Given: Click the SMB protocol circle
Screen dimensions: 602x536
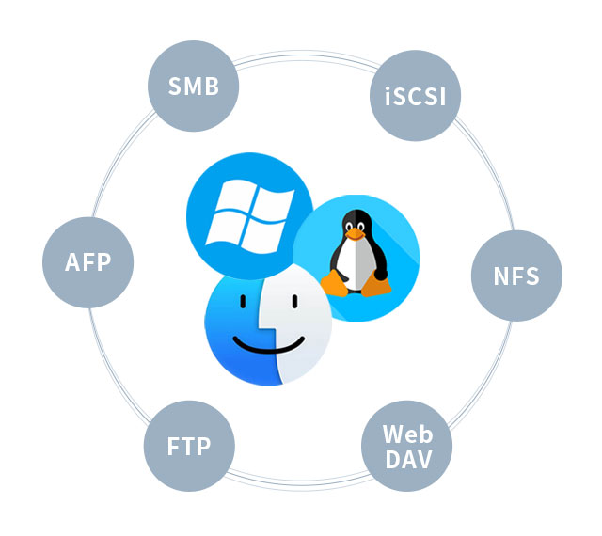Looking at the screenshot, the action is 194,86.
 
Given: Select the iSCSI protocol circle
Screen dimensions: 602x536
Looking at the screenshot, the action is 415,96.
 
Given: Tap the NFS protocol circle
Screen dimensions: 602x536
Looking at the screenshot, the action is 516,276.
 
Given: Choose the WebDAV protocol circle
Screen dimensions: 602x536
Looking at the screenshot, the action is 407,446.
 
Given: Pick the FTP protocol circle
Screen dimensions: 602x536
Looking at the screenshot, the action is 189,446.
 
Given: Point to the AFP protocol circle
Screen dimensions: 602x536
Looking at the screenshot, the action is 87,262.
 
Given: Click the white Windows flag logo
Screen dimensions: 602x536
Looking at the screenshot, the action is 250,217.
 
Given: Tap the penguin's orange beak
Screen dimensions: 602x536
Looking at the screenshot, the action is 355,233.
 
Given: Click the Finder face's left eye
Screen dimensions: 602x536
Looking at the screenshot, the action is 243,302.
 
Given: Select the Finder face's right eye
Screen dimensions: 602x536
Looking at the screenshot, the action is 294,302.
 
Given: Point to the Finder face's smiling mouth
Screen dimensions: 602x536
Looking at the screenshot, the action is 269,344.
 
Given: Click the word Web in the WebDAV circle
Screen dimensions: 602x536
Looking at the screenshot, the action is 407,434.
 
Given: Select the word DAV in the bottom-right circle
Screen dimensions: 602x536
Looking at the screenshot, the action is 408,459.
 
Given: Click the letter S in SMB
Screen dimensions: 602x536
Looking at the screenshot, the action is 175,86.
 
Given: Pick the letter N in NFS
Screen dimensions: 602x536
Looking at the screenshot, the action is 501,276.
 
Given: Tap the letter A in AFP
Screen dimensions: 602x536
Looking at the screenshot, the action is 72,262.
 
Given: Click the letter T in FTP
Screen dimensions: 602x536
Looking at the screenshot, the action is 188,446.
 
